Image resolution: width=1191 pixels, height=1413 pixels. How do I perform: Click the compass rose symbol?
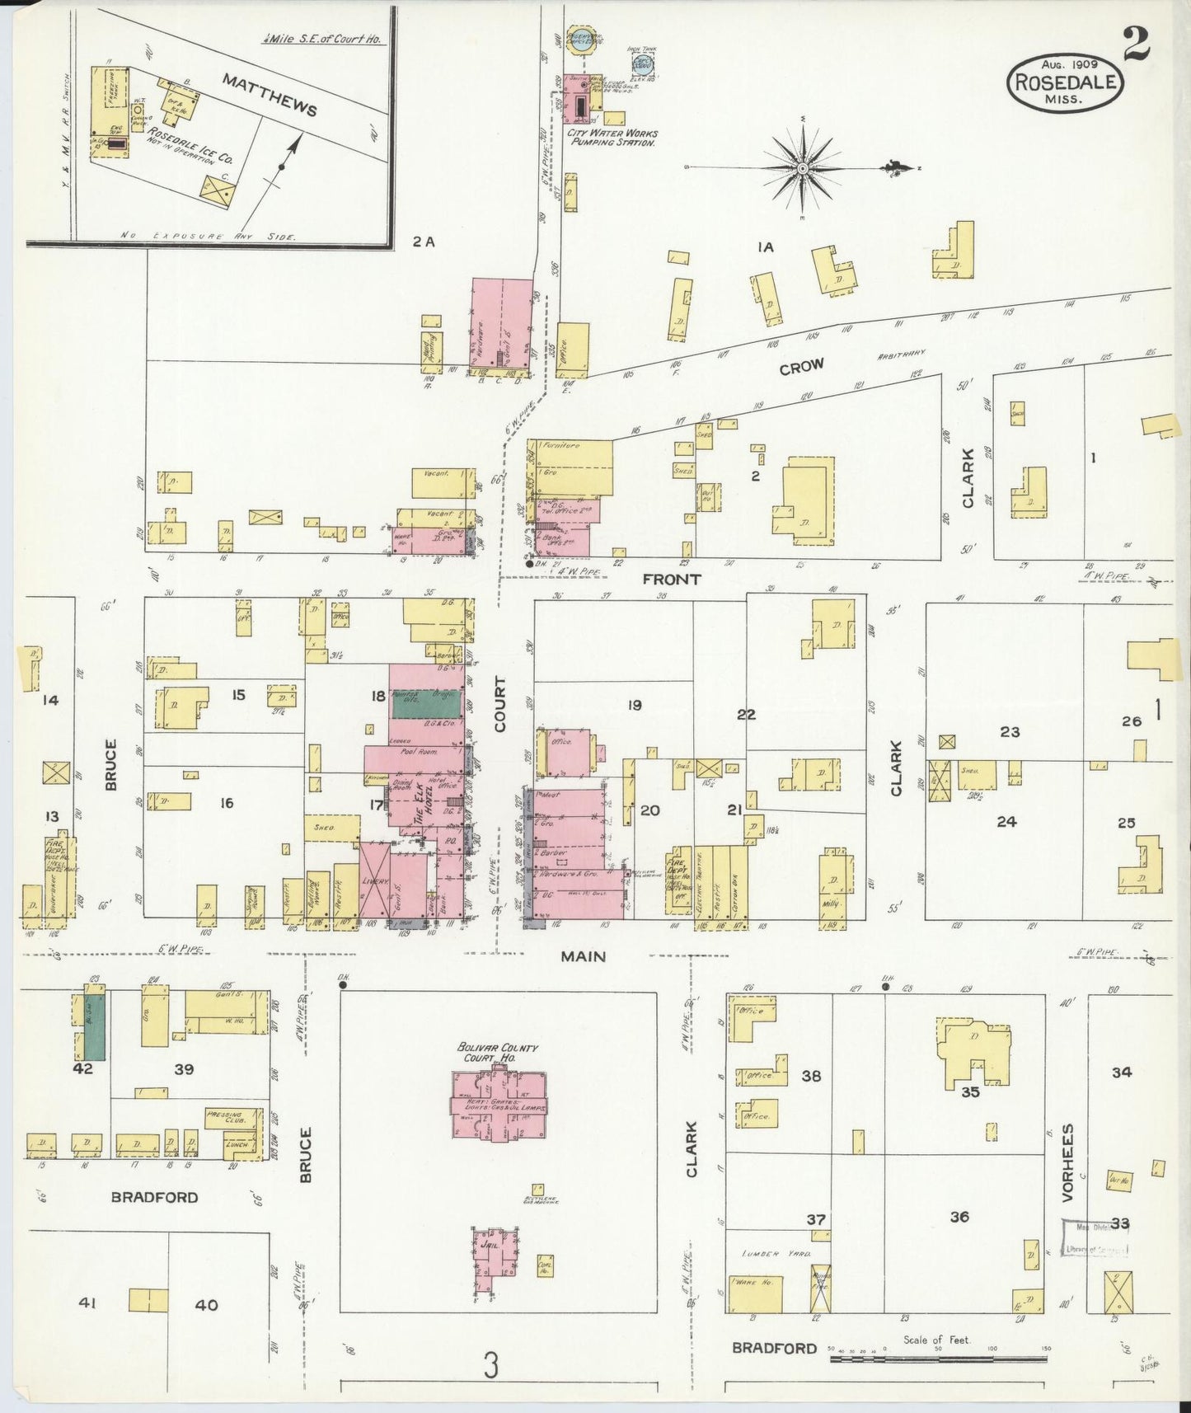pyautogui.click(x=802, y=168)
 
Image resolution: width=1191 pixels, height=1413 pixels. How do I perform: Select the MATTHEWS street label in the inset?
pyautogui.click(x=269, y=93)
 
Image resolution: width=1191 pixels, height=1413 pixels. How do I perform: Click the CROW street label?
pyautogui.click(x=801, y=368)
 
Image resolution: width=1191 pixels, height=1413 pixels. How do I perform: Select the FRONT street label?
pyautogui.click(x=673, y=580)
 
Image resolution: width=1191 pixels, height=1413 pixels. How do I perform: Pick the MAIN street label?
pyautogui.click(x=583, y=956)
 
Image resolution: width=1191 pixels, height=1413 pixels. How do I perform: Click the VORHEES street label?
pyautogui.click(x=1068, y=1162)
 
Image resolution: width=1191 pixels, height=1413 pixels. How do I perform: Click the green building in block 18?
pyautogui.click(x=425, y=703)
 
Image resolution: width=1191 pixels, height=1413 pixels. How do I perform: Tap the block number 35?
pyautogui.click(x=970, y=1092)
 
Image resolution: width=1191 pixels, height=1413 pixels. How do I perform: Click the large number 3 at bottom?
pyautogui.click(x=491, y=1367)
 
